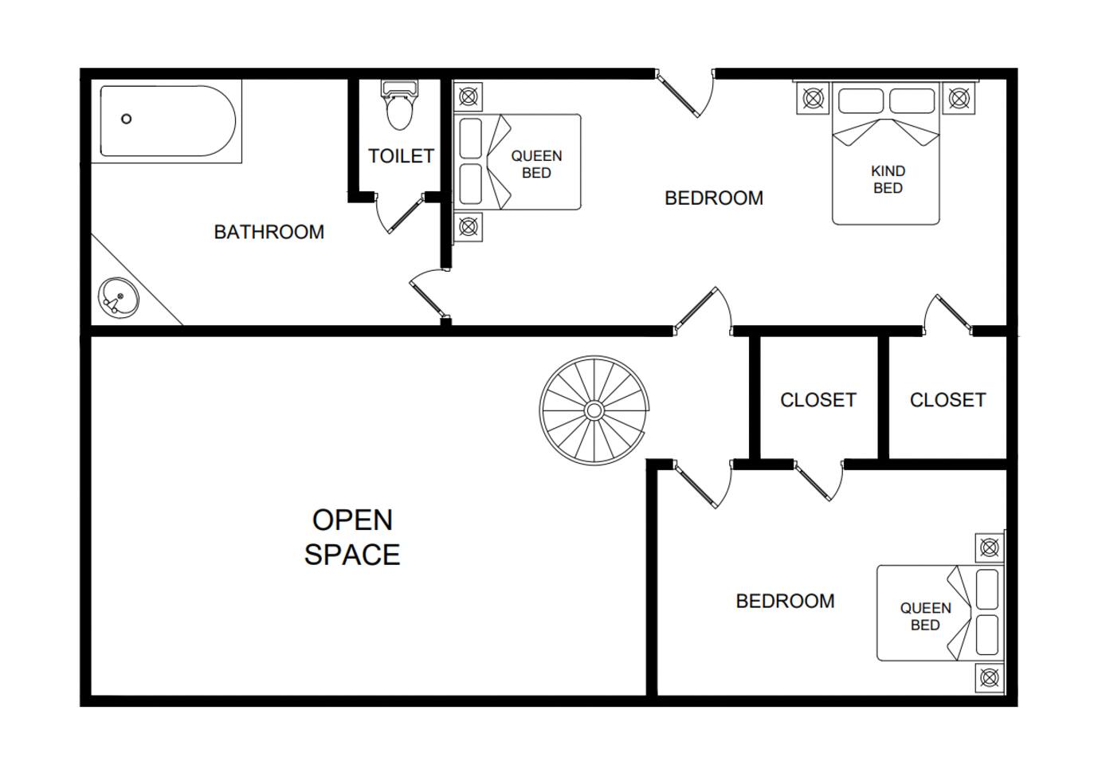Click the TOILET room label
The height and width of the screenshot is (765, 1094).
click(x=401, y=156)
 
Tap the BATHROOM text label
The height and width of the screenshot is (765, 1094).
click(x=269, y=232)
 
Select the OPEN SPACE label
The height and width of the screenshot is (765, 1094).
click(x=352, y=537)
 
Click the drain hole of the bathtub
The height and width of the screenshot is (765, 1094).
click(x=126, y=119)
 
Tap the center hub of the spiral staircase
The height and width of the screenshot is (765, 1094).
click(x=594, y=410)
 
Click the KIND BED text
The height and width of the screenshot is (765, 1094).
click(x=888, y=179)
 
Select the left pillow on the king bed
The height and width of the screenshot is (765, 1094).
click(x=861, y=101)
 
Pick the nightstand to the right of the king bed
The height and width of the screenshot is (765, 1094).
click(x=959, y=98)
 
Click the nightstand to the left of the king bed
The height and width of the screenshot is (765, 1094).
click(x=814, y=98)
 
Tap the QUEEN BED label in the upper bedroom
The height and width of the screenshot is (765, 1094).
click(x=536, y=164)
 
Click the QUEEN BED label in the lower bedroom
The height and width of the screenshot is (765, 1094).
click(x=926, y=616)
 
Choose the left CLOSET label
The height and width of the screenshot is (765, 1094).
click(x=818, y=400)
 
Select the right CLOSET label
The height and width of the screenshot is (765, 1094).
click(x=948, y=400)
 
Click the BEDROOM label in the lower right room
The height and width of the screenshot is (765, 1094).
click(x=786, y=602)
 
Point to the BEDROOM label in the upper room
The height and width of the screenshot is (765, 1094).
click(x=714, y=198)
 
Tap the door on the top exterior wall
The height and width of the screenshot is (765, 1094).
click(x=684, y=93)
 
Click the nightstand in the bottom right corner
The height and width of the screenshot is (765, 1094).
click(x=990, y=677)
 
